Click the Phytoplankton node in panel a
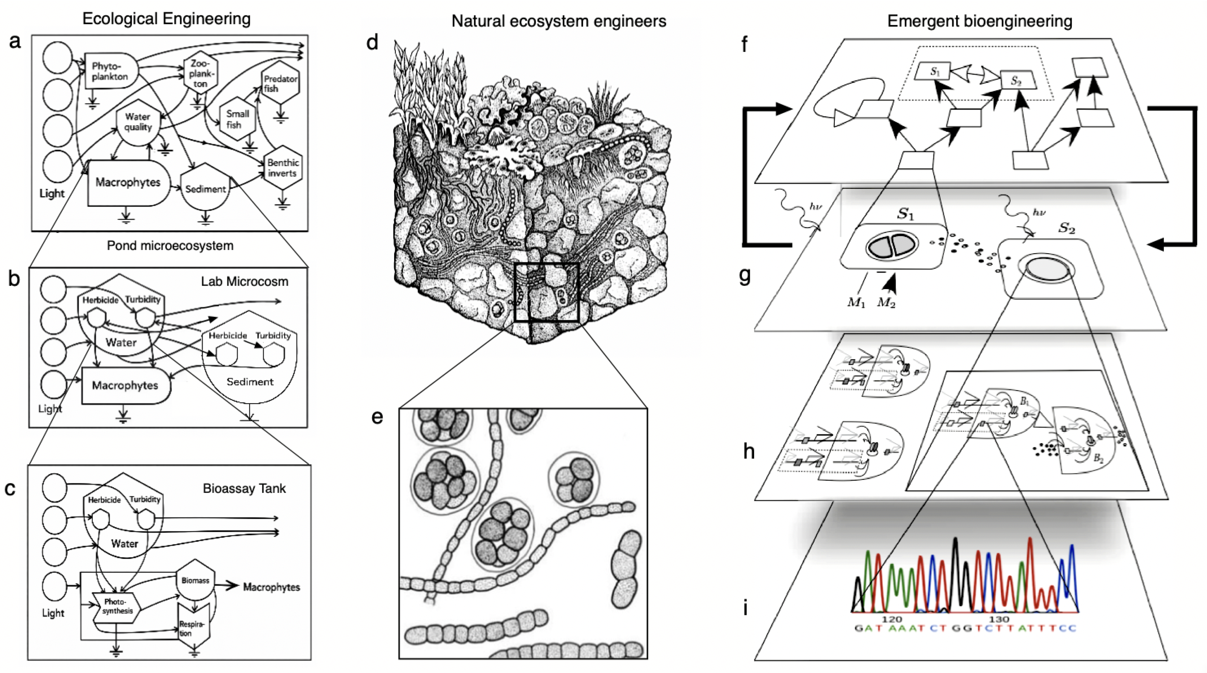[111, 71]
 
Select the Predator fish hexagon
[280, 83]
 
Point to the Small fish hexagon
[237, 119]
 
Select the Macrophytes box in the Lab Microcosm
[125, 385]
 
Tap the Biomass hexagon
[195, 580]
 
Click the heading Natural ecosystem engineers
[558, 21]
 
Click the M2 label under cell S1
[886, 303]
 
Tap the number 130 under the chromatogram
[998, 619]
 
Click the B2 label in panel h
[1098, 458]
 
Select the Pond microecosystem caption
[170, 246]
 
